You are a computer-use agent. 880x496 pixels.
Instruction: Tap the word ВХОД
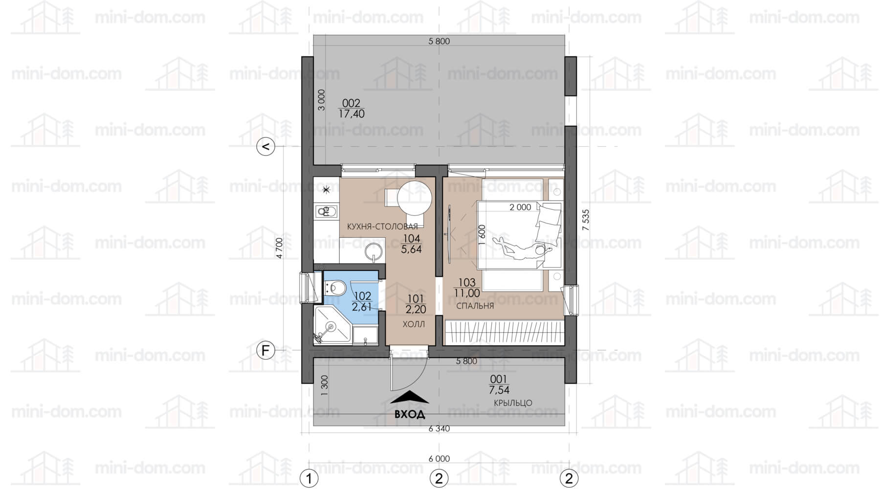click(x=410, y=414)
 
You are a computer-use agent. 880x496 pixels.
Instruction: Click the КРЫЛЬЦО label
click(x=513, y=403)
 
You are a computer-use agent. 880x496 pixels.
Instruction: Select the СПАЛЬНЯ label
click(x=475, y=306)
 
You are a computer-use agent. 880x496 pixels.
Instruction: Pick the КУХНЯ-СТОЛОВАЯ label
click(x=382, y=226)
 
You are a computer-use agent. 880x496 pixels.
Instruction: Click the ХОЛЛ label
click(x=414, y=324)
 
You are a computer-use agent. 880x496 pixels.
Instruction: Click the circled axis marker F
click(x=266, y=350)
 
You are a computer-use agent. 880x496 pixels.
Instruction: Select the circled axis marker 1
click(x=309, y=478)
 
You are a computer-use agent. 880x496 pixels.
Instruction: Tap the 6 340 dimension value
click(x=439, y=429)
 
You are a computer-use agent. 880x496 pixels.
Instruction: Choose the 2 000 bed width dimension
click(x=520, y=207)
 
